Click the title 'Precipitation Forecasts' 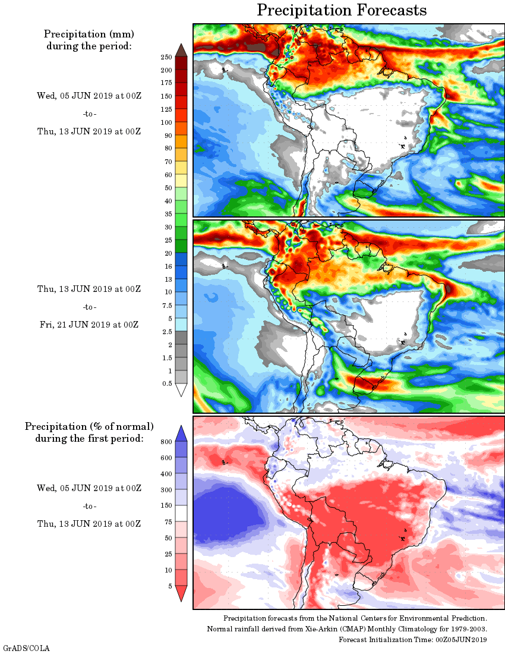[342, 10]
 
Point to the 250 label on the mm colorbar [166, 57]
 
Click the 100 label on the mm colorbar [166, 122]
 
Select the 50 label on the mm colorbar [168, 188]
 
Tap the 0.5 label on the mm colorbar [168, 383]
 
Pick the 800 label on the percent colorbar [166, 442]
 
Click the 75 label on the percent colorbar [168, 522]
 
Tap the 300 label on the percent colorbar [166, 490]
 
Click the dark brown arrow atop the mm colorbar [181, 49]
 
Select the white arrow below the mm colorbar [181, 390]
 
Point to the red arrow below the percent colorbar [181, 593]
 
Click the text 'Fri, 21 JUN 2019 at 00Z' [88, 325]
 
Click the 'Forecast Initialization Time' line [413, 640]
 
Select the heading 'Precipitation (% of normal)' [89, 427]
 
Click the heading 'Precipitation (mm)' [89, 34]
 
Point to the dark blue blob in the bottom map [229, 514]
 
